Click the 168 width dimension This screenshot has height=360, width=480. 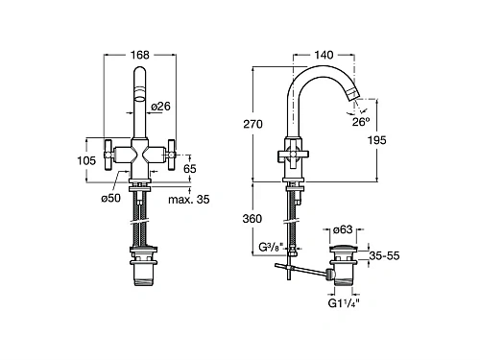click(140, 55)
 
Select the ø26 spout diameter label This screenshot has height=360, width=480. click(161, 107)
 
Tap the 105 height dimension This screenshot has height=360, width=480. click(86, 160)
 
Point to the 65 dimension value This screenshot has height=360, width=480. click(190, 169)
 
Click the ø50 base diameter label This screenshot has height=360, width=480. click(111, 198)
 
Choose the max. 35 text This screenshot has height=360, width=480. click(189, 200)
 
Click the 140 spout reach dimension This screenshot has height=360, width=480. click(324, 55)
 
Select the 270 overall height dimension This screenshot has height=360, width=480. click(252, 124)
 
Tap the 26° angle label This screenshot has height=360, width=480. click(361, 122)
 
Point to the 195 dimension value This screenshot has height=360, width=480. click(377, 140)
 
